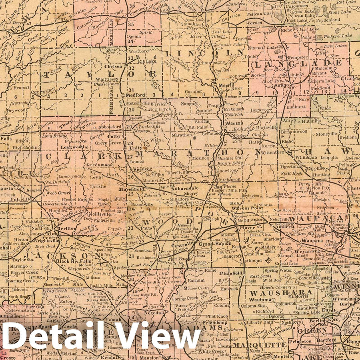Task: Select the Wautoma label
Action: [261, 300]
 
